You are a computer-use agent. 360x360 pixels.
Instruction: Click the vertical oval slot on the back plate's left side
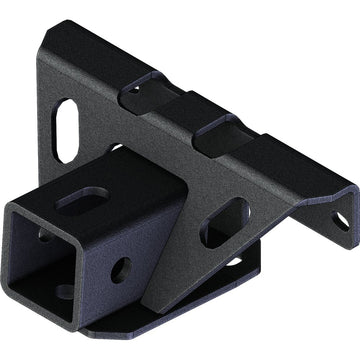(x=68, y=129)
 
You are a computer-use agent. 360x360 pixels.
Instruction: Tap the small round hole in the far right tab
(x=340, y=220)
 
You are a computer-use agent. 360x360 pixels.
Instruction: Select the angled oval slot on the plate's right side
(x=225, y=222)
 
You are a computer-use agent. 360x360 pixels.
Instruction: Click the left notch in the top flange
(x=138, y=95)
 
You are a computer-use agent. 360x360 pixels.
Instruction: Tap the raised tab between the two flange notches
(x=180, y=112)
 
